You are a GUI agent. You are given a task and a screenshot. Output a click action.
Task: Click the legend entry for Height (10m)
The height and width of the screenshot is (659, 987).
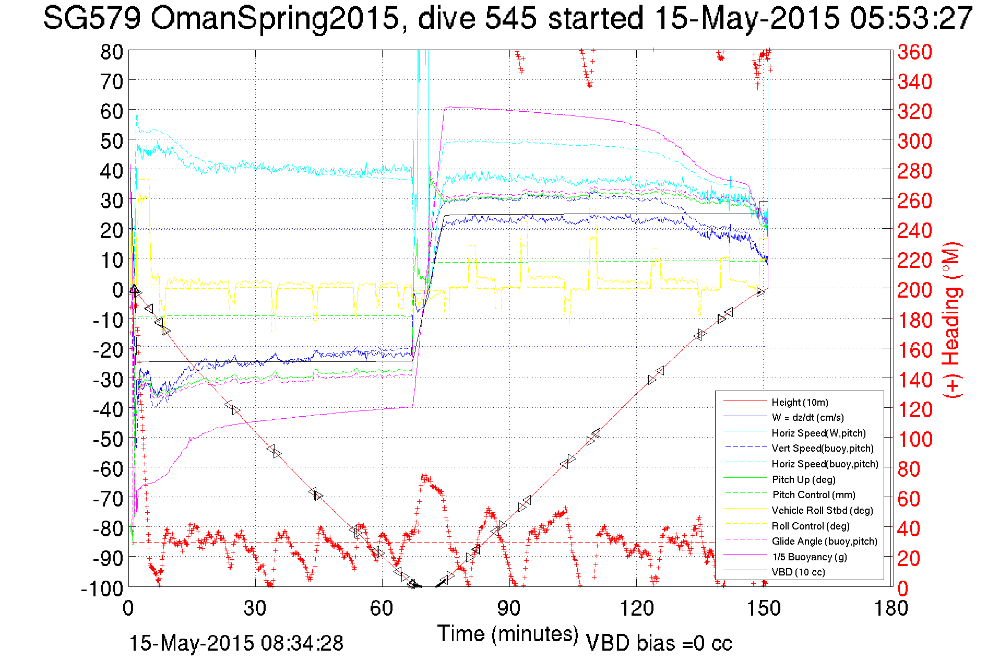click(x=800, y=402)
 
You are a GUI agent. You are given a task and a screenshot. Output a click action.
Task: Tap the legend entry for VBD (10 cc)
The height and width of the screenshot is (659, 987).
click(x=798, y=572)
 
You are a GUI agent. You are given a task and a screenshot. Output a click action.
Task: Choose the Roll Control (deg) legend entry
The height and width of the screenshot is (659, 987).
click(x=811, y=526)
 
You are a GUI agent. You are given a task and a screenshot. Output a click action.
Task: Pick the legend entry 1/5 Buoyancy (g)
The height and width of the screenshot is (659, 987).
click(x=809, y=557)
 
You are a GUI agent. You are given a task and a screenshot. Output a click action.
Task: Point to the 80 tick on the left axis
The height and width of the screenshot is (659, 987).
click(x=112, y=52)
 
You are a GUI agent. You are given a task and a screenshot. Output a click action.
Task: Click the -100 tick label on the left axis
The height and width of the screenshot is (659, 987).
click(x=102, y=589)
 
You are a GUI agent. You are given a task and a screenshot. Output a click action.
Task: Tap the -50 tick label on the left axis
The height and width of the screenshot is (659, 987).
click(x=108, y=439)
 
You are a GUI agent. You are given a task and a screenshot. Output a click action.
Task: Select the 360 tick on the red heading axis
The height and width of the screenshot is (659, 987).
click(x=914, y=52)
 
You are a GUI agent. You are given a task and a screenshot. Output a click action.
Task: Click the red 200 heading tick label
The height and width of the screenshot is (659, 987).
click(x=914, y=290)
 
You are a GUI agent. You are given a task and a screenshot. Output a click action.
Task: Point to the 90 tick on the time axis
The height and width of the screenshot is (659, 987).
click(x=508, y=608)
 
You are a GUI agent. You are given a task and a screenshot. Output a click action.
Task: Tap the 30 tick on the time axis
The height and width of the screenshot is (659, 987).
click(x=255, y=608)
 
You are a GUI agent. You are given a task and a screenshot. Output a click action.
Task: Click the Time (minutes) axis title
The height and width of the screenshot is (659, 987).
click(x=508, y=634)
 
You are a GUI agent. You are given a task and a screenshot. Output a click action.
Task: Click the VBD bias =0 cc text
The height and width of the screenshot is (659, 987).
click(x=659, y=643)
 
